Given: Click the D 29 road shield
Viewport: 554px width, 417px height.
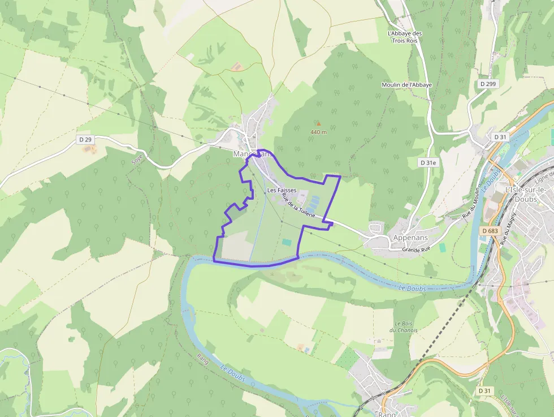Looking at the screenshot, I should click(85, 139).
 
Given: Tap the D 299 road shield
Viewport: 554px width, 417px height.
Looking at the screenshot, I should click(487, 84).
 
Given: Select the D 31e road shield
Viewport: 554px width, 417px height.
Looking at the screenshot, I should click(429, 162).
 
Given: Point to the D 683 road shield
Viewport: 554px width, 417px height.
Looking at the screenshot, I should click(490, 231).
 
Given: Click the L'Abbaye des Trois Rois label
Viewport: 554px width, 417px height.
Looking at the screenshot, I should click(405, 37).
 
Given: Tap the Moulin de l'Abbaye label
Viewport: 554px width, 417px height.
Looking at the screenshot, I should click(406, 85).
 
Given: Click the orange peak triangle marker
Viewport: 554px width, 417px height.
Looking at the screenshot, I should click(318, 123).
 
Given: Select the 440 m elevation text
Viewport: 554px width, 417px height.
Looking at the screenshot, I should click(318, 132).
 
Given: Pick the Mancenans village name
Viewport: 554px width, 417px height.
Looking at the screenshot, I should click(252, 153).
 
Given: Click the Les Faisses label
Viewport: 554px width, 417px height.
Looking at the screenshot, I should click(282, 191).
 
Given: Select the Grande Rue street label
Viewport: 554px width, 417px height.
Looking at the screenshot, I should click(417, 250).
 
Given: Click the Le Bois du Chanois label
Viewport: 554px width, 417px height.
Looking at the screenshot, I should click(403, 326).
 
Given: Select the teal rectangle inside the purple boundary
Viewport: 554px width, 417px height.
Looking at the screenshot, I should click(287, 242).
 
